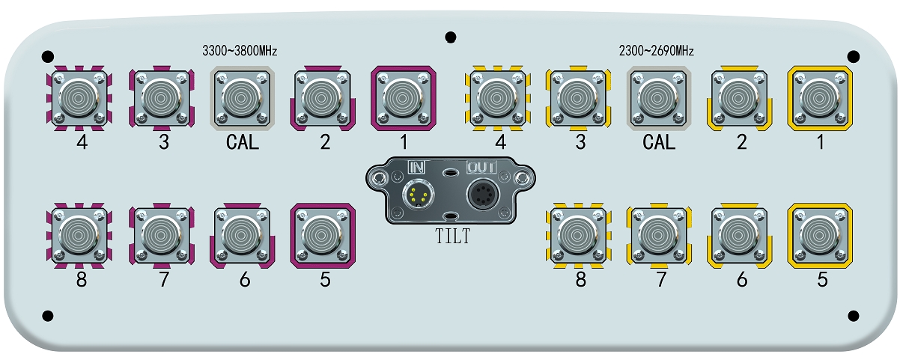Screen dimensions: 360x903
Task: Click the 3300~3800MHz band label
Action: [240, 52]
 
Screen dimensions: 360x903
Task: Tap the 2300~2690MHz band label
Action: [657, 52]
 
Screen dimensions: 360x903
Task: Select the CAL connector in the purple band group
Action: [242, 97]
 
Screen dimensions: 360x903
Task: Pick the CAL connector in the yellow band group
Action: [658, 97]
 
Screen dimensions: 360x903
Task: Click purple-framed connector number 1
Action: [403, 97]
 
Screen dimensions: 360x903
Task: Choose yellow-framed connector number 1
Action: [820, 97]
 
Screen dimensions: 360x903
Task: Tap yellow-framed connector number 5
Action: [820, 236]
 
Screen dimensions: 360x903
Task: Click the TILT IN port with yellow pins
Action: [416, 197]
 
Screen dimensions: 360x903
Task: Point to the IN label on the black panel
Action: [416, 167]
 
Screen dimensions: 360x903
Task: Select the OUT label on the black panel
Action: [482, 167]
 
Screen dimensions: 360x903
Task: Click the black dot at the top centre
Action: [450, 37]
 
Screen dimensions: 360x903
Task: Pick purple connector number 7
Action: [161, 236]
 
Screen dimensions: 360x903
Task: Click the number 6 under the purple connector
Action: [243, 280]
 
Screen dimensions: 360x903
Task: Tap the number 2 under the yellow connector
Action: [741, 142]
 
